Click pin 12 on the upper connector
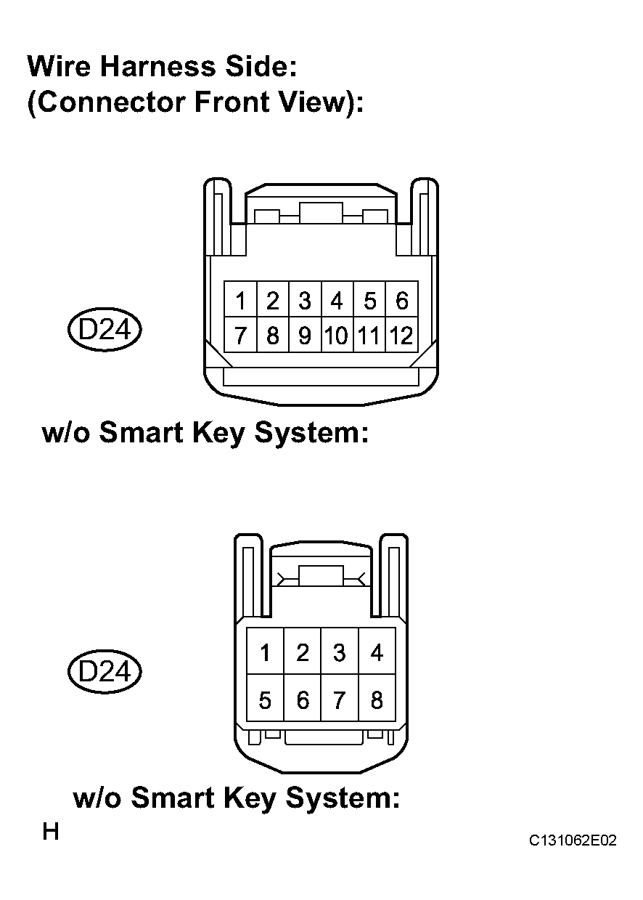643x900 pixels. [x=401, y=335]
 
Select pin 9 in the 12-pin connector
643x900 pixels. [x=305, y=335]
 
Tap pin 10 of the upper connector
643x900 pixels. [x=337, y=335]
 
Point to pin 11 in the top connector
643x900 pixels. [x=369, y=335]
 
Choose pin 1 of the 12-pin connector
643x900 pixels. [x=240, y=299]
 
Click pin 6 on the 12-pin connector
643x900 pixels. [x=402, y=299]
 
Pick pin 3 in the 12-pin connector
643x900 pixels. [x=305, y=299]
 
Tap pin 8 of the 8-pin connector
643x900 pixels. [x=377, y=700]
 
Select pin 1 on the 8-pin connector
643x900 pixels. [x=265, y=652]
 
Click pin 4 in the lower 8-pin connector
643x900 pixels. [x=377, y=652]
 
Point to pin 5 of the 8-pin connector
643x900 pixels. [x=265, y=700]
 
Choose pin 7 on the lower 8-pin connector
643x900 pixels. [x=340, y=700]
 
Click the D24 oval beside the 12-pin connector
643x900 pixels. [x=105, y=330]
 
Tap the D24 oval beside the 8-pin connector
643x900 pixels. [x=105, y=671]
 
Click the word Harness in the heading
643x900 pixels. [x=157, y=66]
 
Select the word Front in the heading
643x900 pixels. [x=232, y=102]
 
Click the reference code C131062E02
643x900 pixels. [x=573, y=840]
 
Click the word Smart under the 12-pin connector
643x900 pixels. [x=141, y=432]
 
